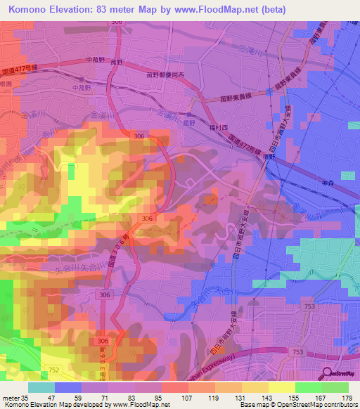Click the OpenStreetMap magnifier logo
[326, 373]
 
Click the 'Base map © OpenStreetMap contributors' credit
[298, 405]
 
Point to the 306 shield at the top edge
[116, 22]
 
